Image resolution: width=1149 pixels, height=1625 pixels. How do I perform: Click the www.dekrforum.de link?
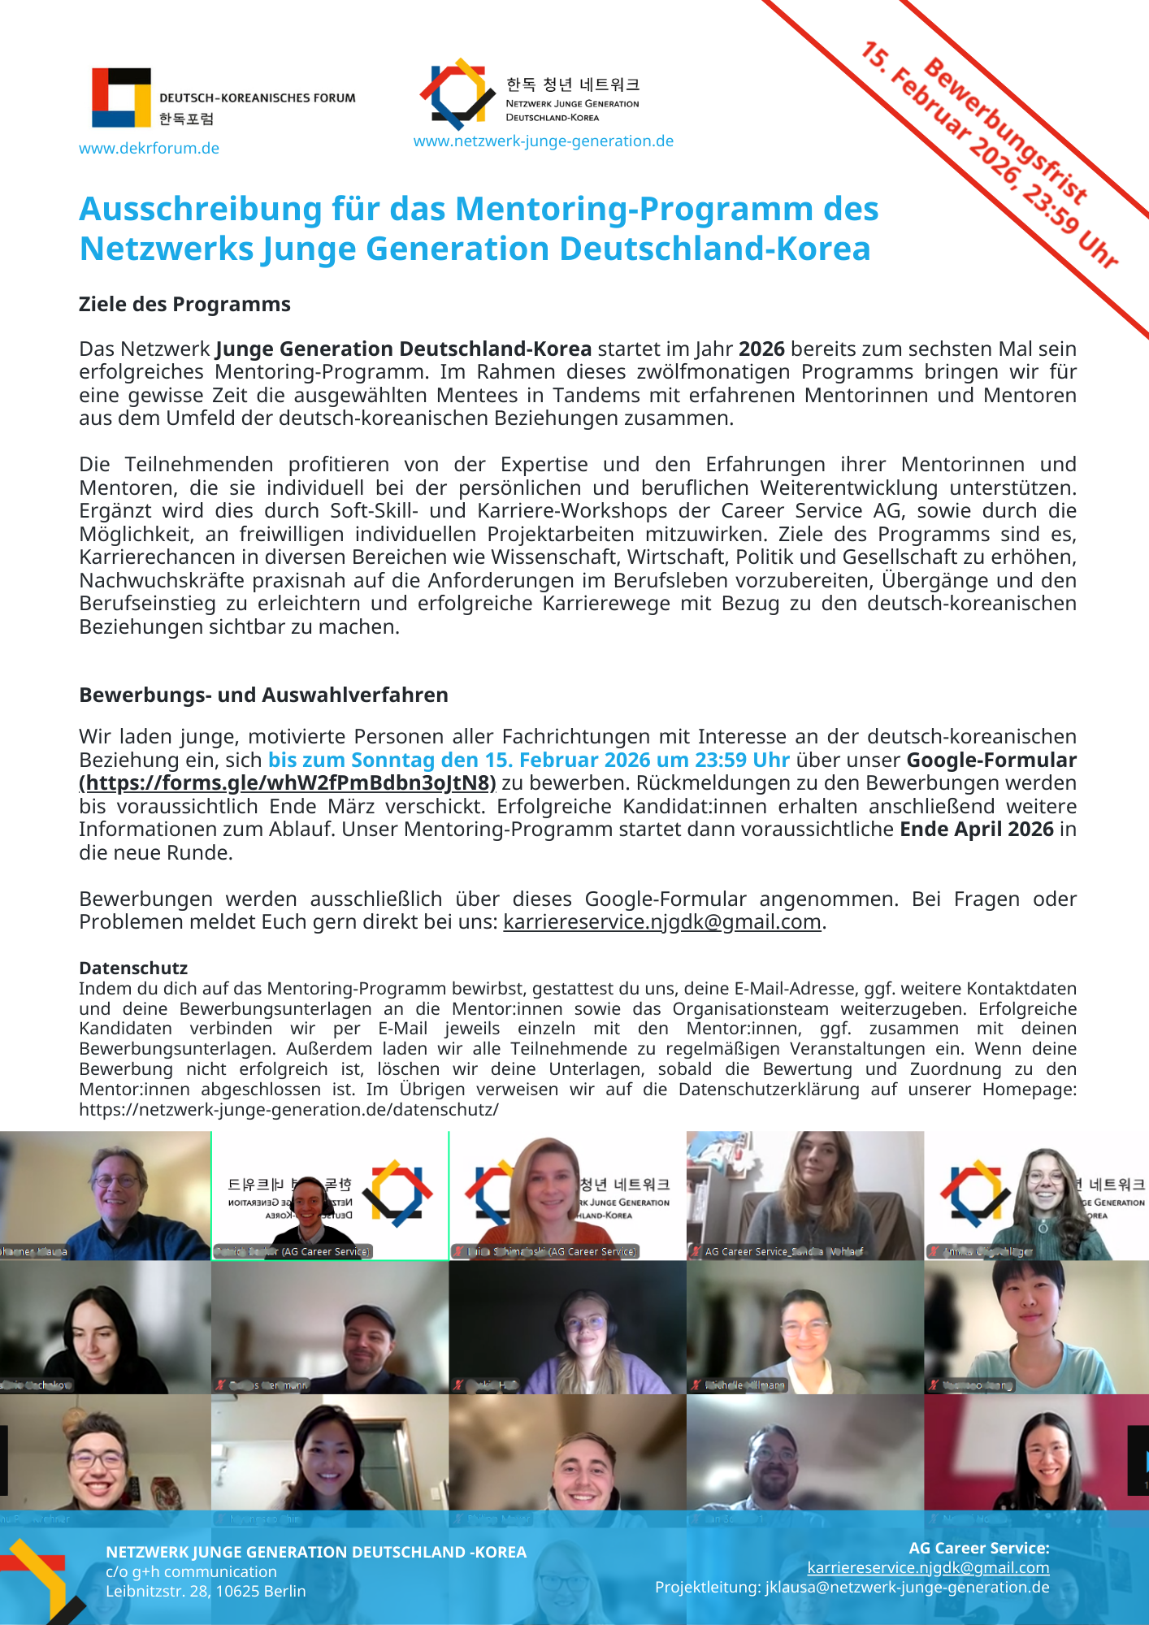(149, 148)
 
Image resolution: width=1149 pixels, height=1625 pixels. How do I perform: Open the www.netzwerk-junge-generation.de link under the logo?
(543, 141)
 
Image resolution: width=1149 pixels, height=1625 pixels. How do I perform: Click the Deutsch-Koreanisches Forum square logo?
(121, 97)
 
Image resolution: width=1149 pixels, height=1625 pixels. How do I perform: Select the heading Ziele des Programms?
(184, 304)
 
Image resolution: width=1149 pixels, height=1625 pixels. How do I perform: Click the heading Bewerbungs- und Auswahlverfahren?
(263, 695)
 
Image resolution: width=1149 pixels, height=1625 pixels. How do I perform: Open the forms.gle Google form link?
(287, 782)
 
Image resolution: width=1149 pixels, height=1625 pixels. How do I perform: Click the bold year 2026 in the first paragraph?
(761, 349)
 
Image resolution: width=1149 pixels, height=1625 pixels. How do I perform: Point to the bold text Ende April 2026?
(976, 829)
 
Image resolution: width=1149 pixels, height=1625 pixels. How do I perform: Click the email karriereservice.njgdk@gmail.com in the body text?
(661, 921)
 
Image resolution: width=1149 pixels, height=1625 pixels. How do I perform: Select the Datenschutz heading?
(133, 968)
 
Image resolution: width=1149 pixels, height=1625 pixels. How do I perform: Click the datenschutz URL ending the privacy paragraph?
(288, 1109)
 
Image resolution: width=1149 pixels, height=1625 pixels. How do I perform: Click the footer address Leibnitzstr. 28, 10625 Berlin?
(206, 1591)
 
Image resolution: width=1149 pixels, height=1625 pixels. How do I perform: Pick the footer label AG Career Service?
(978, 1548)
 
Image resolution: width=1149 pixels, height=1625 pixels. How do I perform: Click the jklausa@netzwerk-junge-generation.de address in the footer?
(907, 1587)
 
